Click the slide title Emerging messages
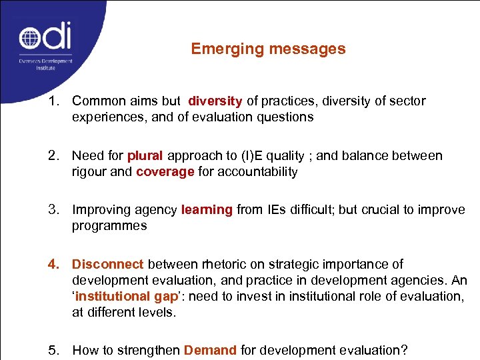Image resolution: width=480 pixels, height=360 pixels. click(268, 49)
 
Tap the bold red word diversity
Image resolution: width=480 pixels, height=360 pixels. click(215, 101)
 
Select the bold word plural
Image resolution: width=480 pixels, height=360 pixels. click(145, 156)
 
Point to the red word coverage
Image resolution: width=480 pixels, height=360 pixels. click(165, 172)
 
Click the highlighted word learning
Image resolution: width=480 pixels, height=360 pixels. click(207, 210)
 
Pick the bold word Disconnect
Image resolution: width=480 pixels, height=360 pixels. click(108, 265)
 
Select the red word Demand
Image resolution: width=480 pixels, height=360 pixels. click(210, 350)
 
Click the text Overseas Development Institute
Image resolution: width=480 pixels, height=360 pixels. click(45, 63)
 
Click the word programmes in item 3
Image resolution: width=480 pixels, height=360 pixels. click(109, 226)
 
